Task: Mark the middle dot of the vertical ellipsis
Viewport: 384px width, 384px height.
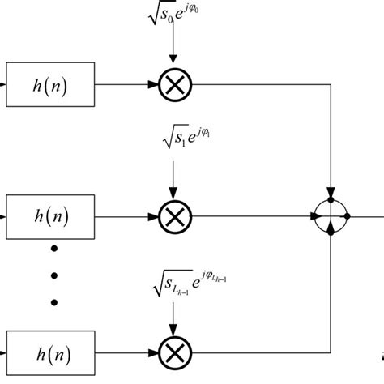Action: [x=54, y=273]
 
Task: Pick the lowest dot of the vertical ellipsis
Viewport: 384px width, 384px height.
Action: [x=54, y=302]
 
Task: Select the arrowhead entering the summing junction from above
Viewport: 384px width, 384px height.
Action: [x=332, y=198]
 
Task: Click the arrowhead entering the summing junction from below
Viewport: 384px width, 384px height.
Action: [x=332, y=233]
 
